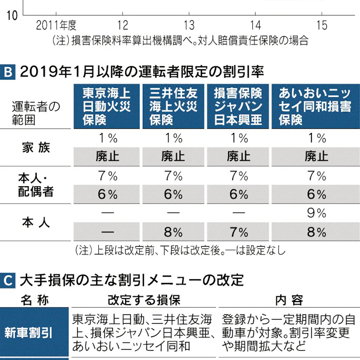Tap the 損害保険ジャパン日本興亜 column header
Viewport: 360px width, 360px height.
click(x=238, y=107)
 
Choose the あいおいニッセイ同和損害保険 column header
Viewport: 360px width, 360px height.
click(x=316, y=107)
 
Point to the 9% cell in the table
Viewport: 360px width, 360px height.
click(x=316, y=213)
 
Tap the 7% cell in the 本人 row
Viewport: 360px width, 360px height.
click(x=238, y=231)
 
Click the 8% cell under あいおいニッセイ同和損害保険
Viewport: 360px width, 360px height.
click(x=316, y=231)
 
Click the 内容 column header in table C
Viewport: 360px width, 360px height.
click(x=289, y=300)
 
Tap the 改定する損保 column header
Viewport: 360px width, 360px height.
click(x=144, y=300)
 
